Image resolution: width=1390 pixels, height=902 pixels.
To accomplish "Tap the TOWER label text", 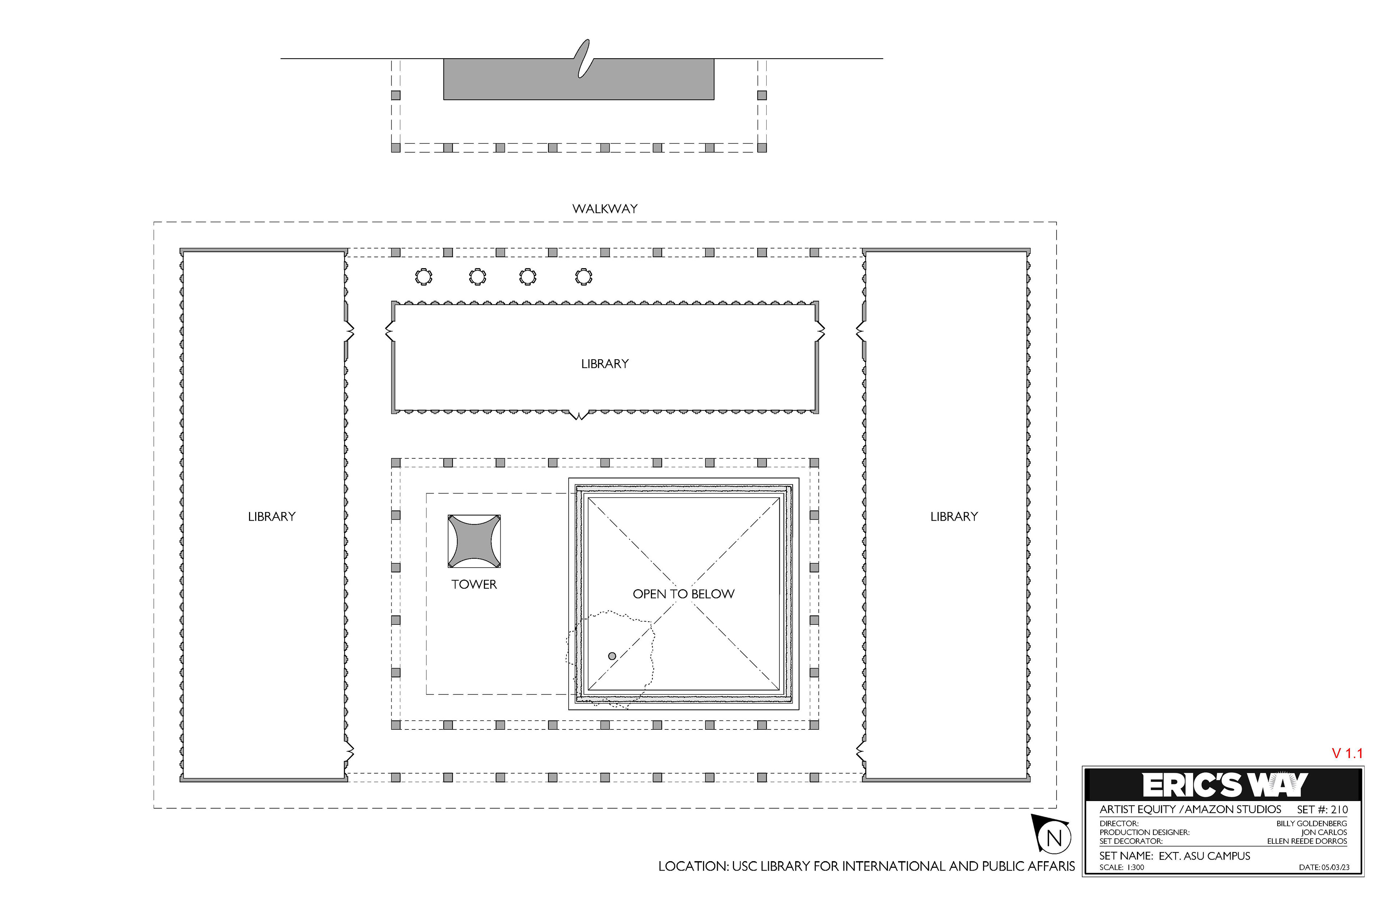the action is pyautogui.click(x=474, y=584).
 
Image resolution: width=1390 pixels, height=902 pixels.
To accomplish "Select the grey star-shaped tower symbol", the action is pyautogui.click(x=474, y=541).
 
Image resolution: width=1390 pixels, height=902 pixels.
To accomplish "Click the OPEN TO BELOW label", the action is pyautogui.click(x=683, y=594).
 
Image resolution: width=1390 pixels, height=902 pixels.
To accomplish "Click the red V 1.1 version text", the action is pyautogui.click(x=1347, y=753).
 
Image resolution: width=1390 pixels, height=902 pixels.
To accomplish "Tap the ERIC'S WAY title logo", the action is pyautogui.click(x=1225, y=785).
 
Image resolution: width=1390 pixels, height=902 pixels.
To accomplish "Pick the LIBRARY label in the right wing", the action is pyautogui.click(x=954, y=517).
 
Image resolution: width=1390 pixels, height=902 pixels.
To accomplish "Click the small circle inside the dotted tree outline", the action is pyautogui.click(x=612, y=656).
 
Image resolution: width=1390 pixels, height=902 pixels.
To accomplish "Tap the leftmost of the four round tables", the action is pyautogui.click(x=424, y=277).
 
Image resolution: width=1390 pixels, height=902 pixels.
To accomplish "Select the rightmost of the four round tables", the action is pyautogui.click(x=584, y=277).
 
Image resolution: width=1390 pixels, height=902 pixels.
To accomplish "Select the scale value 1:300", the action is pyautogui.click(x=1136, y=868).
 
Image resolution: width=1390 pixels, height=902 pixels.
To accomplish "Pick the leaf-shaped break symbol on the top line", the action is pyautogui.click(x=584, y=58).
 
